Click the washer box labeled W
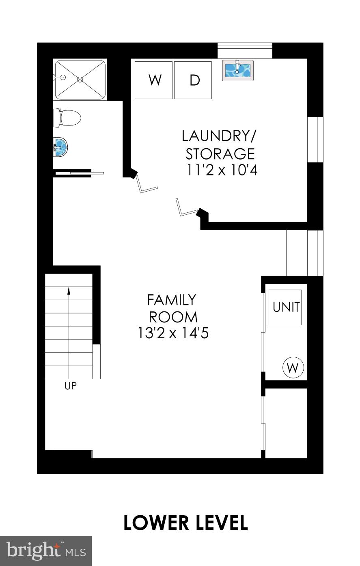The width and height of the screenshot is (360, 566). click(153, 80)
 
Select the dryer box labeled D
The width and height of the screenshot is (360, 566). click(193, 80)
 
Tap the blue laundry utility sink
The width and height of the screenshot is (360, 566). click(238, 70)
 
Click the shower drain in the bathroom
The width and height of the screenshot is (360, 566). click(80, 80)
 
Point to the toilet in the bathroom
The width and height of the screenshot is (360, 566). click(68, 118)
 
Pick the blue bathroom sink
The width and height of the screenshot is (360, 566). click(61, 147)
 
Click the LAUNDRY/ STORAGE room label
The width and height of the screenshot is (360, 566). click(220, 145)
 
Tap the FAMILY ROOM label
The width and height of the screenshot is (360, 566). click(172, 308)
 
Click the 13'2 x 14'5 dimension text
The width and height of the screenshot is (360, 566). click(173, 333)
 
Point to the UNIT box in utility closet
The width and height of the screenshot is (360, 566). click(286, 307)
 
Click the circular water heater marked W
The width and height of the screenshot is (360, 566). click(293, 368)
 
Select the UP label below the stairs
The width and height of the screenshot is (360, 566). click(71, 386)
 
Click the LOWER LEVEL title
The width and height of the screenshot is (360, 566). click(185, 523)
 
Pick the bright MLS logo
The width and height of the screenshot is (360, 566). click(46, 551)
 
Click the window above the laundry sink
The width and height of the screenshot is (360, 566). click(245, 51)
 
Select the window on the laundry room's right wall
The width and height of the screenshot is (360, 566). click(315, 140)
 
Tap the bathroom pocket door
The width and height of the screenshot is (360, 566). click(86, 173)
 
